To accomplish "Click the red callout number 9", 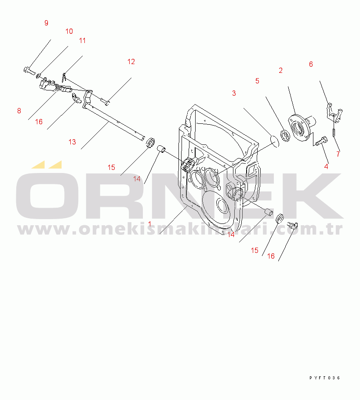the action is pos(46,23).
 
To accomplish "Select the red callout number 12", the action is pos(131,61).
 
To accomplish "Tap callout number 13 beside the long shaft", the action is pos(72,142).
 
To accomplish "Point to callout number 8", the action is pos(19,111).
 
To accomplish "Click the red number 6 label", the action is pos(311,64).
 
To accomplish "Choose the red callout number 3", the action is pos(234,93).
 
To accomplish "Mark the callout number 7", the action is pos(338,154).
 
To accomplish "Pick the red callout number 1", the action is pos(149,224).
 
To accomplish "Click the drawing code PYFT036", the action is pos(325,378).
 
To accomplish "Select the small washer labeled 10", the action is pos(38,76).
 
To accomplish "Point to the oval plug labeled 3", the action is pos(275,141).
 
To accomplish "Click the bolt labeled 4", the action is pos(322,141).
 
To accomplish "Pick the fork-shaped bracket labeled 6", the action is pos(334,112).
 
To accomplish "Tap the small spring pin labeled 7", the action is pos(334,133).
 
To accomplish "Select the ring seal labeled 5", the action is pos(285,136).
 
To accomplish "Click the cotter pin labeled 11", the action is pos(64,77).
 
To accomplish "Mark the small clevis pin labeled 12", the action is pos(105,102).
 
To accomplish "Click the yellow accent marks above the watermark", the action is pos(47,165).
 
